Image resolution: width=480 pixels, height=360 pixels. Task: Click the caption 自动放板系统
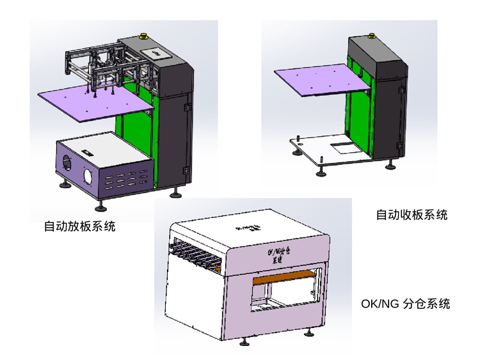pos(80,226)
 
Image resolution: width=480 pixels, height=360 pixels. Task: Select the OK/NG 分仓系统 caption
pos(405,303)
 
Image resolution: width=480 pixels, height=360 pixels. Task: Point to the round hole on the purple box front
pos(88,176)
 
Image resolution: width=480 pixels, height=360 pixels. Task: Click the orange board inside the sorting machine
pos(285,279)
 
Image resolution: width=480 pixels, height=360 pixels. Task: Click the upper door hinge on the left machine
pos(188,107)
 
